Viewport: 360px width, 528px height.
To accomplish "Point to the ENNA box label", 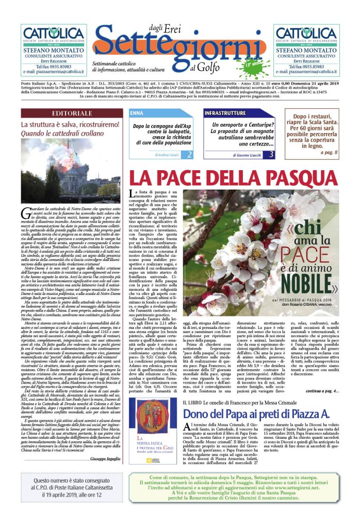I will click(137, 113).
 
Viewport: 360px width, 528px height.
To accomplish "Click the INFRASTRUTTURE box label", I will click(225, 113).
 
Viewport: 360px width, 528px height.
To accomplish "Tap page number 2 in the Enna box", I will click(189, 155).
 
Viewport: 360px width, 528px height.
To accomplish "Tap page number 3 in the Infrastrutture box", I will click(271, 155).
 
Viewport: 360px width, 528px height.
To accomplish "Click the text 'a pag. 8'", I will click(328, 153).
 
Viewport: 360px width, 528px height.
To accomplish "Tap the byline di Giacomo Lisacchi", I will click(233, 155).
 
